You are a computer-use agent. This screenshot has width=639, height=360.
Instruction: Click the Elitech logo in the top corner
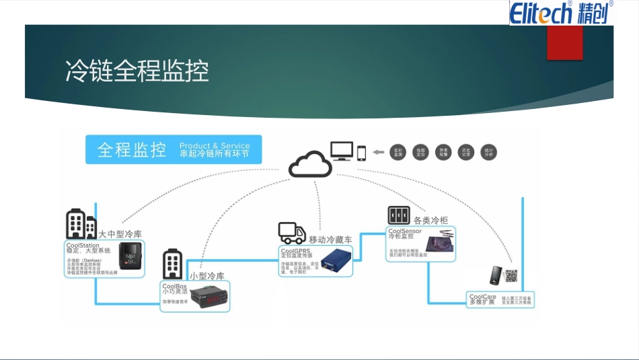560,12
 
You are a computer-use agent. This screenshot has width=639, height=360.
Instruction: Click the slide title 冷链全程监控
137,71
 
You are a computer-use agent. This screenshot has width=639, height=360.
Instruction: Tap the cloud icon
310,164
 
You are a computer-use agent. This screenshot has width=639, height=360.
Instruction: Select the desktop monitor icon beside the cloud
342,151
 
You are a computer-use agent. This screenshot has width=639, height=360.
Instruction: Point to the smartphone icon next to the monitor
361,153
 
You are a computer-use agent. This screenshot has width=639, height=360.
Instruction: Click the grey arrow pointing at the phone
379,152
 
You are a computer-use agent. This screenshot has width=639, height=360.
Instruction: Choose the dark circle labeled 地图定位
421,153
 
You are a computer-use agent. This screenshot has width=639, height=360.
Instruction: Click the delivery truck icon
291,233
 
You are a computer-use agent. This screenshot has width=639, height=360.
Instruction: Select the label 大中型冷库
120,234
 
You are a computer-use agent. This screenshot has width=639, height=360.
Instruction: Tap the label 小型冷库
206,276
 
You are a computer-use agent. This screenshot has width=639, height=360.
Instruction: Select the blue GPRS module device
336,260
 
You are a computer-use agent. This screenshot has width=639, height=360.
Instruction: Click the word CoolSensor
404,231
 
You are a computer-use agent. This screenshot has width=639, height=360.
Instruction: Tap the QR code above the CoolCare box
512,275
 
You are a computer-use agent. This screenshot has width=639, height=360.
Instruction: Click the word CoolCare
482,297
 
